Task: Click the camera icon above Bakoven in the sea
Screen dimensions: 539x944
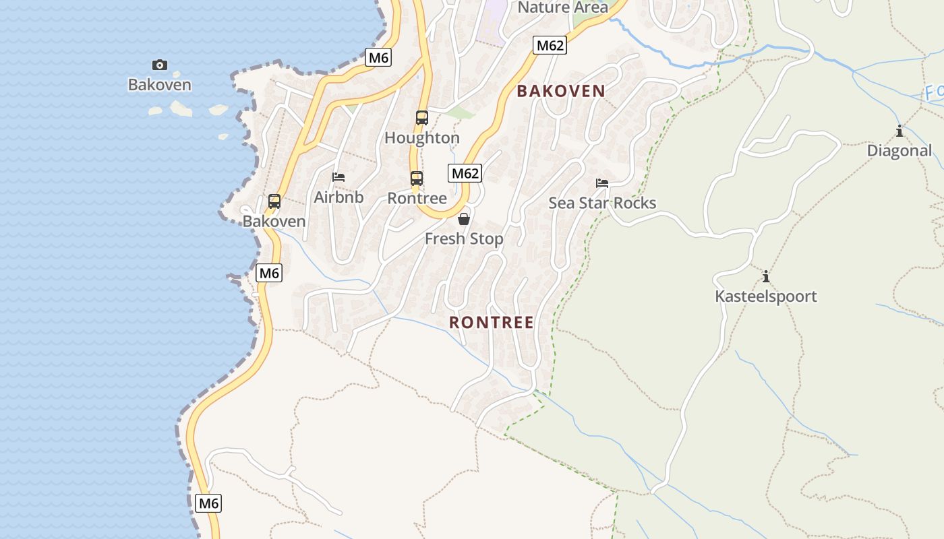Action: [160, 65]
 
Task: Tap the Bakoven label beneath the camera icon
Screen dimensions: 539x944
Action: [160, 85]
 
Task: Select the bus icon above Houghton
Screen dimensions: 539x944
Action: [422, 118]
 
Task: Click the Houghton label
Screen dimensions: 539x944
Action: [422, 137]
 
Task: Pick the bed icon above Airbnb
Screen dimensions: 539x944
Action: [338, 177]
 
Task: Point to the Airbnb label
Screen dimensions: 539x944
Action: [338, 197]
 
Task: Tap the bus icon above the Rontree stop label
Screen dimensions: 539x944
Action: [417, 179]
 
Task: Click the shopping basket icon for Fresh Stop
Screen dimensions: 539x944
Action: [464, 219]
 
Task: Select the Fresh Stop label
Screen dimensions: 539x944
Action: [464, 239]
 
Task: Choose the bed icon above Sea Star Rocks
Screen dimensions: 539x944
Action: [602, 183]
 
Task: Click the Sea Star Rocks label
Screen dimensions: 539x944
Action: [602, 203]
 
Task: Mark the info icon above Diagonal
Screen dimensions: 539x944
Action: [899, 131]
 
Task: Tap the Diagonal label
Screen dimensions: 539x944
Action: [899, 150]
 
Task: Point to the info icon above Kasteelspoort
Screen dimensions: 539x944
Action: [765, 276]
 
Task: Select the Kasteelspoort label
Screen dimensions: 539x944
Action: [765, 296]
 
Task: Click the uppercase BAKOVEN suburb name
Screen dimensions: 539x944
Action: [561, 92]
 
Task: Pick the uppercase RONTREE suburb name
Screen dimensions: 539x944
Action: [492, 323]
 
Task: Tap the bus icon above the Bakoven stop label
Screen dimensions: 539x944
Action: [274, 201]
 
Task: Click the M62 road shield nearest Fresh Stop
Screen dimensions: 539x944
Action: [465, 173]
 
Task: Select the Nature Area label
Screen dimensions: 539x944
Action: [562, 7]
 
